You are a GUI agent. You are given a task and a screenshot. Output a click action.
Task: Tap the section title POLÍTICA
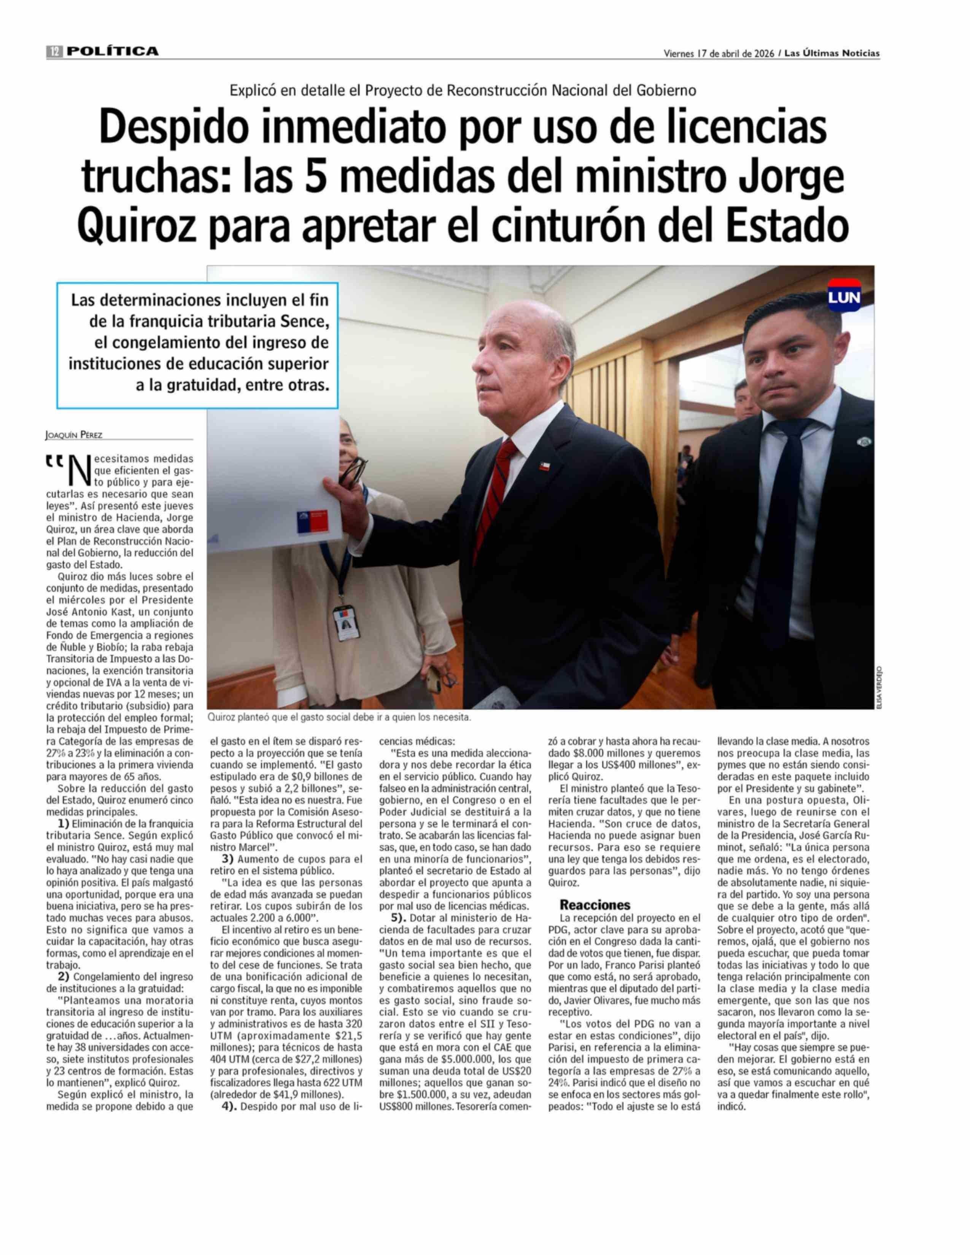click(x=112, y=52)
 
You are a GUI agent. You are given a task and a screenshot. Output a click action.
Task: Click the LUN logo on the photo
click(x=844, y=297)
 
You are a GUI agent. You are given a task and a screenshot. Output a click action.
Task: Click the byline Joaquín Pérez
click(x=73, y=435)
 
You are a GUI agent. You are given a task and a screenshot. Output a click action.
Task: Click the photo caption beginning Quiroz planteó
click(x=339, y=718)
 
